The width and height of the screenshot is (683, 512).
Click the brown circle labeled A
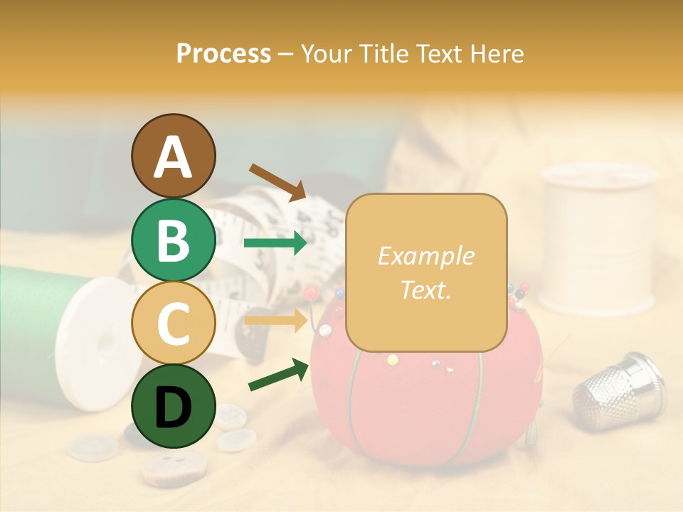[x=173, y=156]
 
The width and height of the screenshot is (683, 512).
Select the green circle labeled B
[x=173, y=240]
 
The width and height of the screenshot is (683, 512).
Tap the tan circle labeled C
[x=173, y=323]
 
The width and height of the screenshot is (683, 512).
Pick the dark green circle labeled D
[x=173, y=406]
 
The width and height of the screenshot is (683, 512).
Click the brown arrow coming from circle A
[x=277, y=181]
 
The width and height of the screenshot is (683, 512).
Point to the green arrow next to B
[x=275, y=243]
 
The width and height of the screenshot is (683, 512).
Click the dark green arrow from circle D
[x=278, y=375]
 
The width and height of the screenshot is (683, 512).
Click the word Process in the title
[x=223, y=53]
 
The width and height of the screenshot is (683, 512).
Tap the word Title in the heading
[x=388, y=53]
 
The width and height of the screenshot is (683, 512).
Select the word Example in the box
[x=426, y=256]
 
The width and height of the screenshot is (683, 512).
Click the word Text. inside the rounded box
[x=426, y=289]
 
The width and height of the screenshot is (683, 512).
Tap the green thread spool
[x=36, y=320]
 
